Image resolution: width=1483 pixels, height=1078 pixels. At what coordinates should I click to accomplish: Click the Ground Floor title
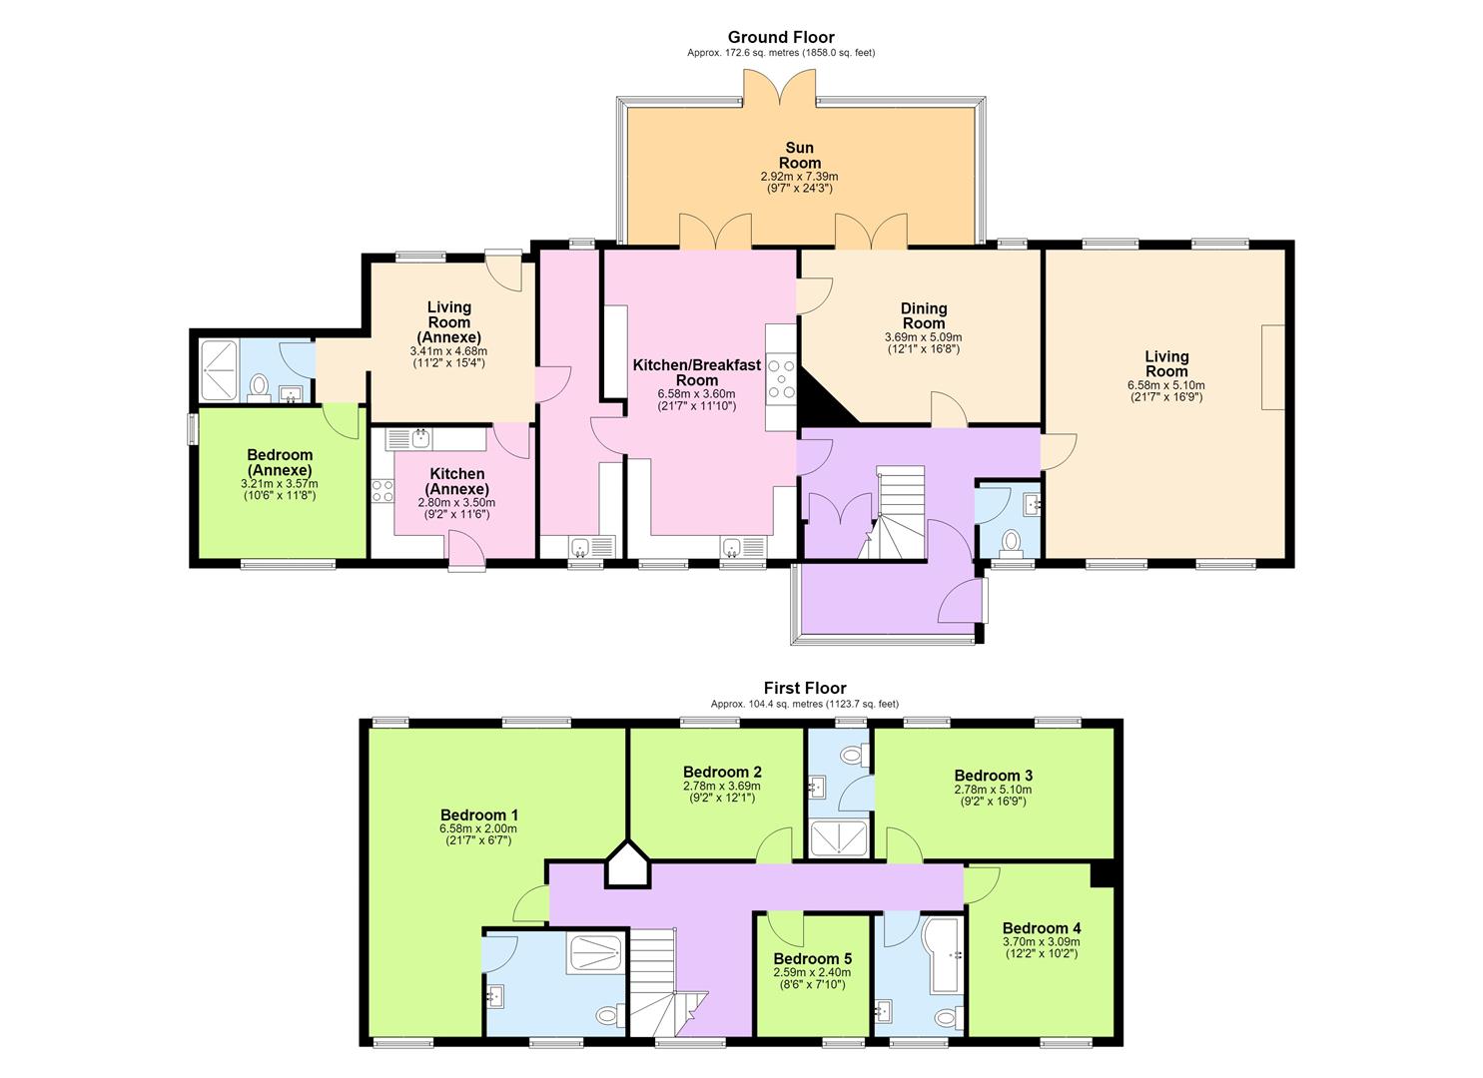(x=781, y=37)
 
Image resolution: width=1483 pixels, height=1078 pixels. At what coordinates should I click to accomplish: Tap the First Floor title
(x=804, y=689)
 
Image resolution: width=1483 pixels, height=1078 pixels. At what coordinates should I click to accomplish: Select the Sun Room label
(x=800, y=155)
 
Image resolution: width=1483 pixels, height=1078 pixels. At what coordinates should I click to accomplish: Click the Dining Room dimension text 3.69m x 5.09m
(x=924, y=337)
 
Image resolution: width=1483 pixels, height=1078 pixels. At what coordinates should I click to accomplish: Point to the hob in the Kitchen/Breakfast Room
(x=781, y=382)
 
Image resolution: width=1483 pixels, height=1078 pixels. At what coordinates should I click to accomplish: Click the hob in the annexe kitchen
(x=382, y=491)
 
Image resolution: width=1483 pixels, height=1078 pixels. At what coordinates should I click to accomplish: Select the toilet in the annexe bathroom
(x=259, y=389)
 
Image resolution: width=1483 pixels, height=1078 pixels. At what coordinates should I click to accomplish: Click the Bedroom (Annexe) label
(x=280, y=462)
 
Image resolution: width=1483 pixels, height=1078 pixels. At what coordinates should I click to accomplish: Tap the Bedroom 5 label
(x=812, y=959)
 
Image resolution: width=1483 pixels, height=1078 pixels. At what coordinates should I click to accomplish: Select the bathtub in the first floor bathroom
(x=946, y=955)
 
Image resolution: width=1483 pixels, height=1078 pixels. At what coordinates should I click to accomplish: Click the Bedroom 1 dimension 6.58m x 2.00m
(x=478, y=829)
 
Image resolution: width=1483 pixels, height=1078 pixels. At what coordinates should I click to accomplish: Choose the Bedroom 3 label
(x=993, y=776)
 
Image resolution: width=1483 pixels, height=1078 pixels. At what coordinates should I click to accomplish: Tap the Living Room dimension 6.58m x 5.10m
(x=1165, y=385)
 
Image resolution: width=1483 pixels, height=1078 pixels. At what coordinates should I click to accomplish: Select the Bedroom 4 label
(x=1042, y=928)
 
